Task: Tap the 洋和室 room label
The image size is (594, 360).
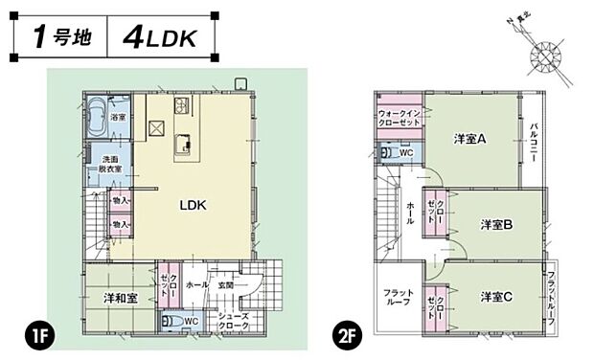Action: point(121,298)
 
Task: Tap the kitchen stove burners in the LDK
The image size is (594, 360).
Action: point(179,104)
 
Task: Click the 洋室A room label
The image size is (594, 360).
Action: point(469,140)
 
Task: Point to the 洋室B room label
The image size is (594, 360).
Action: point(495,225)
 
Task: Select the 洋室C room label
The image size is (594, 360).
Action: point(495,298)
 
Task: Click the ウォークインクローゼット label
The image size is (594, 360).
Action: point(400,118)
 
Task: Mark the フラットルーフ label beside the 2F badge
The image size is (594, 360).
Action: point(397,298)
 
